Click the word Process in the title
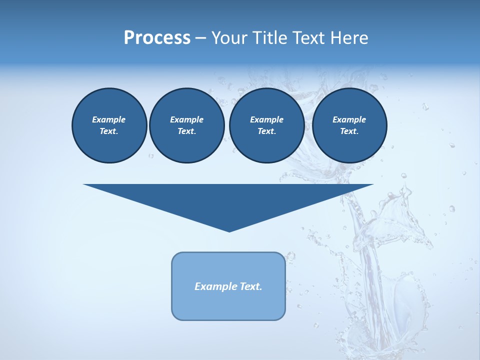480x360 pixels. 157,38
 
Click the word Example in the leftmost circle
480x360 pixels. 109,119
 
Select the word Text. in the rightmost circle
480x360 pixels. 349,131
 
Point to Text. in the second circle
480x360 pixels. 186,131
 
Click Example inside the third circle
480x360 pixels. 266,119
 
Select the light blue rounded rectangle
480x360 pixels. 228,305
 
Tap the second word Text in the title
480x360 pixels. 306,38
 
